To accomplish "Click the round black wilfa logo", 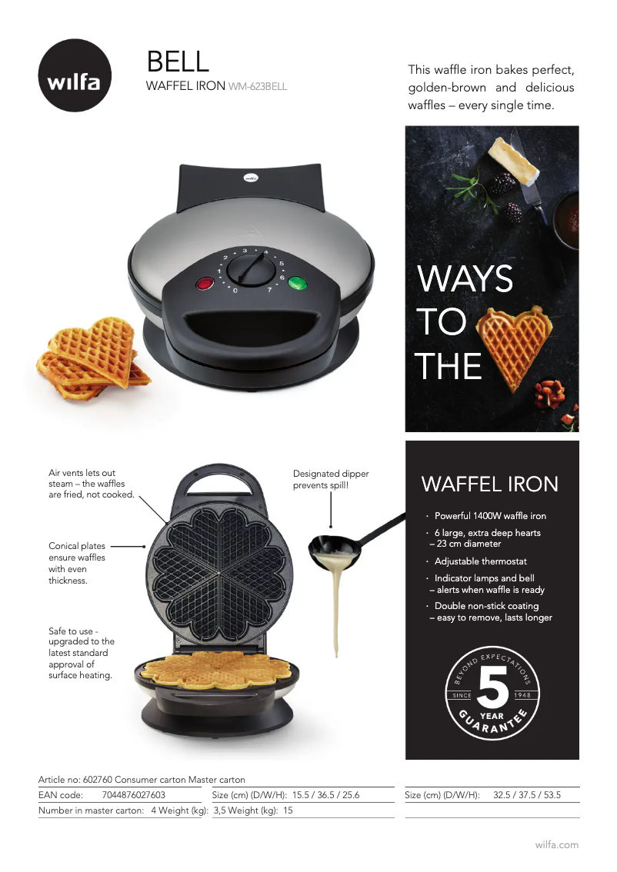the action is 75,75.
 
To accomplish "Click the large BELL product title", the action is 178,62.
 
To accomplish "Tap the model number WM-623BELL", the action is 258,87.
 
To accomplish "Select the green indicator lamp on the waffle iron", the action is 298,283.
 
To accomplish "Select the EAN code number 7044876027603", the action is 134,794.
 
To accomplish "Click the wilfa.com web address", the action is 557,845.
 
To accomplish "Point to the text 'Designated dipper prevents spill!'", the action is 331,479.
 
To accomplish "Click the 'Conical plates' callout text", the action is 77,546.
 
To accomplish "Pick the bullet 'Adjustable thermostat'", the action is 481,561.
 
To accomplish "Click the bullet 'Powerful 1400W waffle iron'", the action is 490,516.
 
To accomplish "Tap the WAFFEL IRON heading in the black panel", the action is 489,484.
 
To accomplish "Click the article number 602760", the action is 98,780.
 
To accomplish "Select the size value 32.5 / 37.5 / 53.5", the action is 527,794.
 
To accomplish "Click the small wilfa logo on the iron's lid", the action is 251,178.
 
